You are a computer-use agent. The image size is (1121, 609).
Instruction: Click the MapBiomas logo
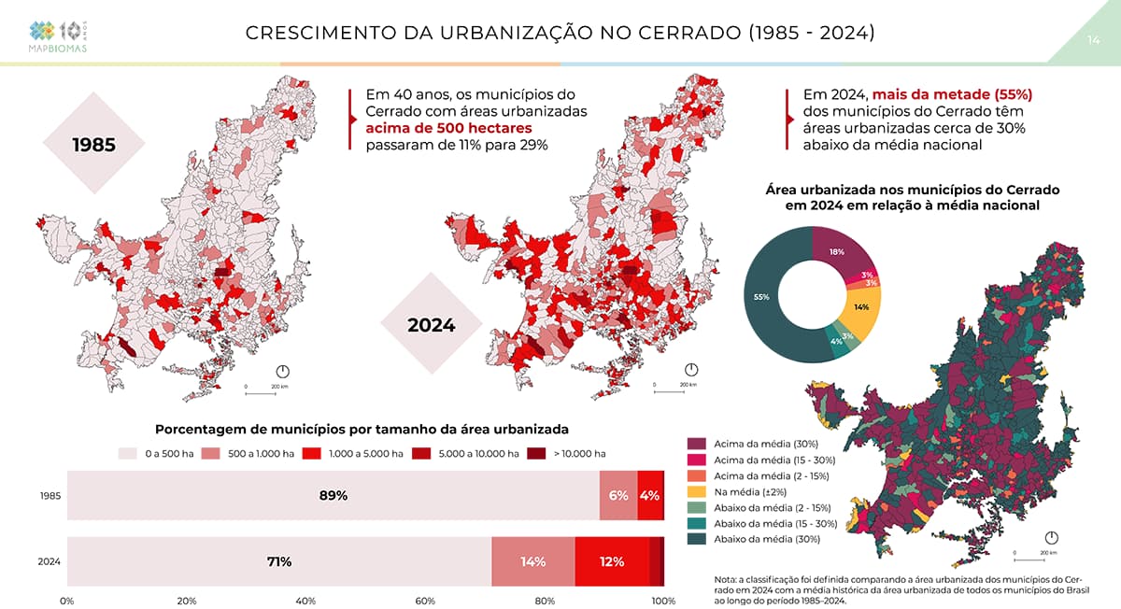pos(59,35)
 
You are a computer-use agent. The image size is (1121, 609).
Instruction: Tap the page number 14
pos(1093,40)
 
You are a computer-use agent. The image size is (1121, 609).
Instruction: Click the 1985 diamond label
pos(93,145)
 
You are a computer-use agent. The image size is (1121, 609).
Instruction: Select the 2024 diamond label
pos(431,325)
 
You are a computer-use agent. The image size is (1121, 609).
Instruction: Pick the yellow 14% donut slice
pos(861,308)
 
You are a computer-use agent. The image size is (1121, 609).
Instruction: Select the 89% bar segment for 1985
pos(333,495)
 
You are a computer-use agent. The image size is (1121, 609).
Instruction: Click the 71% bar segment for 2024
pos(279,561)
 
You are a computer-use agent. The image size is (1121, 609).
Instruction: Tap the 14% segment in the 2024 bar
pos(533,561)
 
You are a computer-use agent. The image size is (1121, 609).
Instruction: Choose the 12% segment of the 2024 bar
pos(612,561)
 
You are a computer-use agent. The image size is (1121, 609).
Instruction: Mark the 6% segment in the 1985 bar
pos(618,495)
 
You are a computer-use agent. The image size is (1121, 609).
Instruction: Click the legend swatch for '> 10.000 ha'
pos(536,454)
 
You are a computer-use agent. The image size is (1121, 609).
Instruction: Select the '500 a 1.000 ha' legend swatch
pos(213,454)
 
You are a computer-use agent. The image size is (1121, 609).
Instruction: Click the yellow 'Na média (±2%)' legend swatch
pos(697,491)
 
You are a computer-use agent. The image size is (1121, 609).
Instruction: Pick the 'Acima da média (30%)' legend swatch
pos(697,443)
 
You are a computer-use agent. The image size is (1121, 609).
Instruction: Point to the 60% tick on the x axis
pos(425,601)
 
